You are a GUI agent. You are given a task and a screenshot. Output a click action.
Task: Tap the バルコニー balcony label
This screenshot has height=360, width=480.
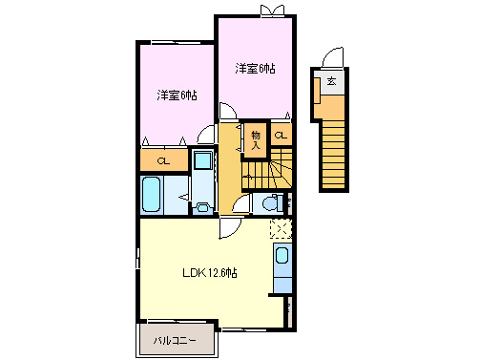[173, 339]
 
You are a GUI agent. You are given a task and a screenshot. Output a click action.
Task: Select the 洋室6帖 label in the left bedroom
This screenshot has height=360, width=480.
[177, 95]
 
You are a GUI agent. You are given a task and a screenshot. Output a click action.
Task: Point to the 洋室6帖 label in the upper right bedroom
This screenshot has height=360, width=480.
[256, 68]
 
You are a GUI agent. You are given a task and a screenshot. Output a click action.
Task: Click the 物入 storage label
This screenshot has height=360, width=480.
[256, 139]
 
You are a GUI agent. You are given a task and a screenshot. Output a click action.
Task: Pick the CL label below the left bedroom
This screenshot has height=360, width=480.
[163, 159]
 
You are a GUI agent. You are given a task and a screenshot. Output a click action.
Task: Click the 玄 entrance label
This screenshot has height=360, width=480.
[331, 83]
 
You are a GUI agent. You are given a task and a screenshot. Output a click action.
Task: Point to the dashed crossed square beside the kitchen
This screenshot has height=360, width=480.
[280, 228]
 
